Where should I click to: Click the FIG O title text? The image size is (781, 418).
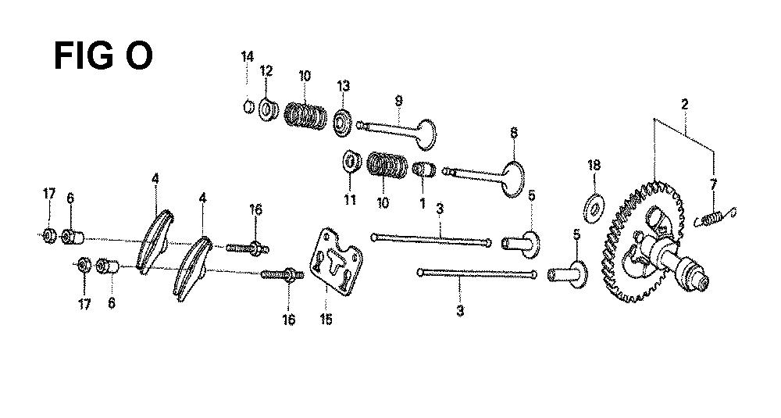(102, 55)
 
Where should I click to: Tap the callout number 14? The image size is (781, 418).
(248, 57)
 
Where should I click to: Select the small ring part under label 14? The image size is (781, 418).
(250, 106)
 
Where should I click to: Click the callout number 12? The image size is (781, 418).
(266, 71)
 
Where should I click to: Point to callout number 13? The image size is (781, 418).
(343, 86)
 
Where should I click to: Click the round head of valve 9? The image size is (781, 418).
(425, 134)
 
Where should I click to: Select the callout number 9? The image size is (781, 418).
(398, 101)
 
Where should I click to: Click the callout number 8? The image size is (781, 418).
(514, 133)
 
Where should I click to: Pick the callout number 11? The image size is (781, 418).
(350, 200)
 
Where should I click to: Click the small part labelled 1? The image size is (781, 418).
(425, 170)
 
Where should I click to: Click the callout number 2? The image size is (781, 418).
(685, 105)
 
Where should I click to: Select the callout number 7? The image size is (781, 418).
(713, 185)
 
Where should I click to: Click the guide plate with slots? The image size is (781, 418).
(336, 262)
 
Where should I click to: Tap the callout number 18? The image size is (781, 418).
(594, 165)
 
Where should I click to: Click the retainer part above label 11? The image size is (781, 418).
(351, 161)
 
